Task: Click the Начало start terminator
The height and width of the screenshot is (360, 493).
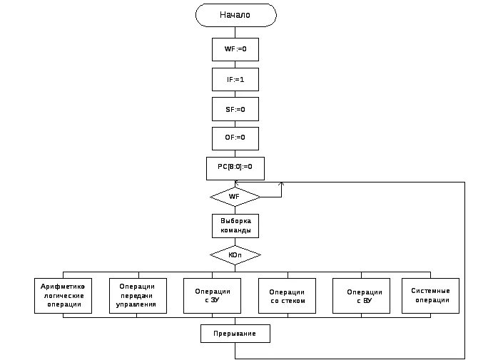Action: coord(236,15)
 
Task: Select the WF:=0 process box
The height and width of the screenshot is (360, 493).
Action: coord(235,49)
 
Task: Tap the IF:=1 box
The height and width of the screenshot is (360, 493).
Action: coord(235,79)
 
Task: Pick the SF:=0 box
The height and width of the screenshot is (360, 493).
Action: coord(235,109)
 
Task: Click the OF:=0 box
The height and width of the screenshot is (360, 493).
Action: coord(235,138)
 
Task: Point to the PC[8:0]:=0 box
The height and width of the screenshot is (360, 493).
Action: coord(235,168)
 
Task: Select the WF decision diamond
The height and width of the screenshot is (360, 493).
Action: coord(235,197)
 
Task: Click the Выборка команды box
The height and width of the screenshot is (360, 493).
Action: coord(235,226)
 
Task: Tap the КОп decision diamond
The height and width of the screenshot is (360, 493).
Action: coord(235,254)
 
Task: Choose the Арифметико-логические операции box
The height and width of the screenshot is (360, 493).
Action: coord(63,296)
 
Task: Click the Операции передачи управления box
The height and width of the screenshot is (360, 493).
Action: coord(138,296)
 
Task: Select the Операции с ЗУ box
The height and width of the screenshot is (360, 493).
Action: coord(212,296)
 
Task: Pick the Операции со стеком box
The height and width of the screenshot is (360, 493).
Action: coord(287,296)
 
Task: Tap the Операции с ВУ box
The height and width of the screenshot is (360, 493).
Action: coord(361,296)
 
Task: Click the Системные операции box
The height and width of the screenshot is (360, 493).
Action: coord(430,296)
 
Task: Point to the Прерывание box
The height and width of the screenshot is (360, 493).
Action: coord(235,334)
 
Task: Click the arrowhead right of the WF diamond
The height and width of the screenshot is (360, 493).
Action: coord(281,184)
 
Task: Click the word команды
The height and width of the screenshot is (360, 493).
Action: coord(235,230)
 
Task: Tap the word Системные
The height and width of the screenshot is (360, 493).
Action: coord(430,291)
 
